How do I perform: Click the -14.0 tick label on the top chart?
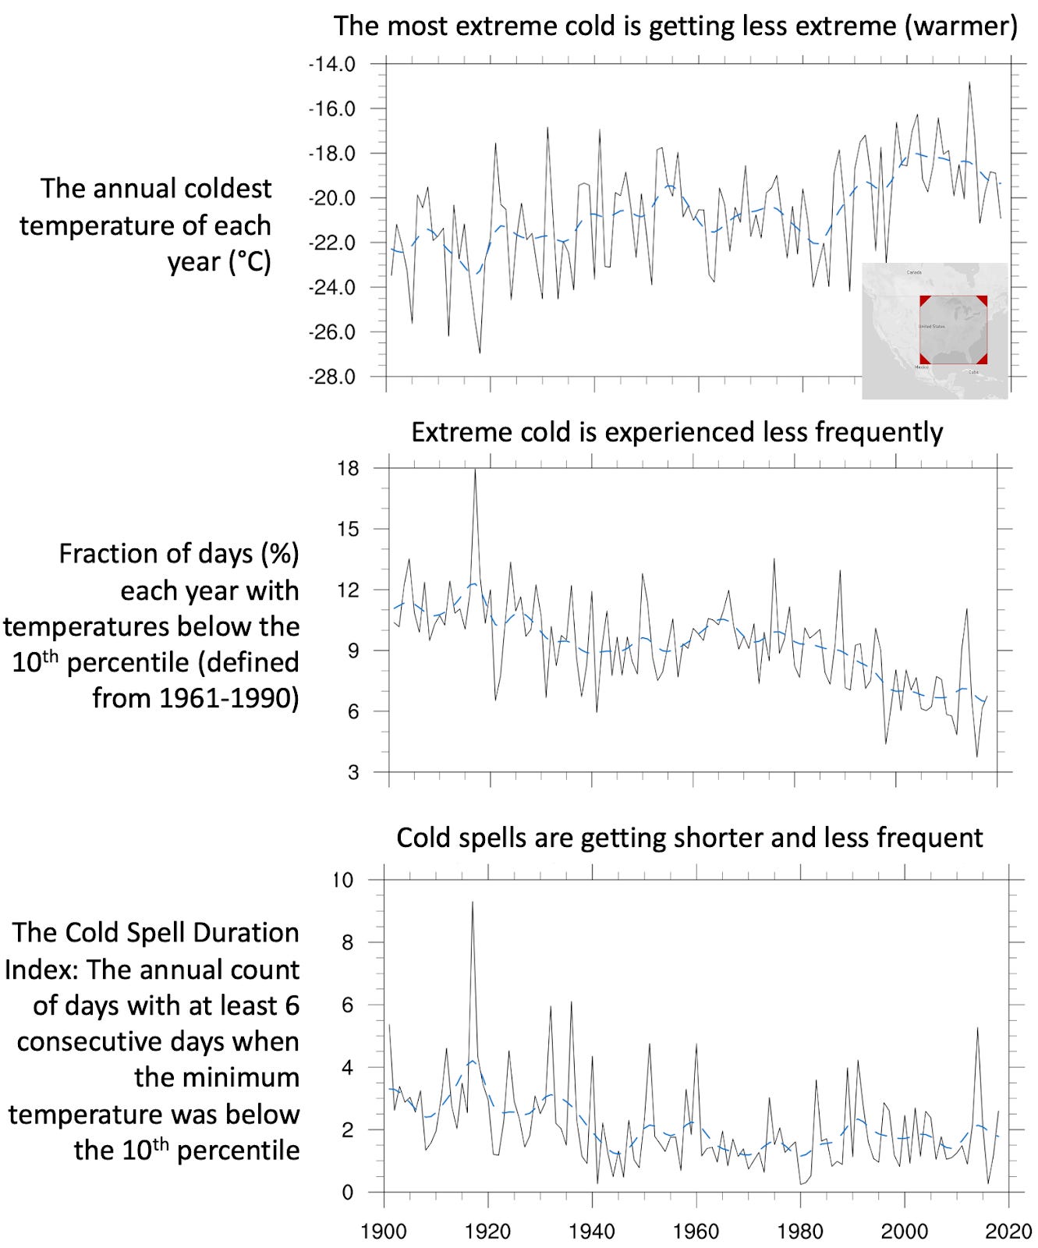pos(332,64)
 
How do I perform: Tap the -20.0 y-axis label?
pos(332,198)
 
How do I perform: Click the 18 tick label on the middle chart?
pos(348,469)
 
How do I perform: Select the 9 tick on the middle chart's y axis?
pos(353,651)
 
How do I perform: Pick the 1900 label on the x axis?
pos(384,1232)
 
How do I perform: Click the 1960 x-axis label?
pos(696,1232)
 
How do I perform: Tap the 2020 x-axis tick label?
pos(1008,1232)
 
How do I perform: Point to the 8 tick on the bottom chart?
pos(347,943)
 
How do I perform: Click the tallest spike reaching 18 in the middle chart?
pos(475,470)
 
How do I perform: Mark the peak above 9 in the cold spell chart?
pos(472,903)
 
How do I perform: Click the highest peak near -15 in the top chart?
pos(969,83)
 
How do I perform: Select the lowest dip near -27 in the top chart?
pos(480,352)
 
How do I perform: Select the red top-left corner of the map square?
pos(924,300)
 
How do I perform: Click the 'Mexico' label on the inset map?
pos(922,367)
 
